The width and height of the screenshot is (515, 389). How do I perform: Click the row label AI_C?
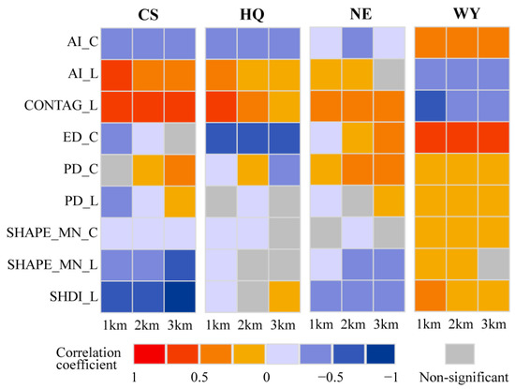click(73, 43)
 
